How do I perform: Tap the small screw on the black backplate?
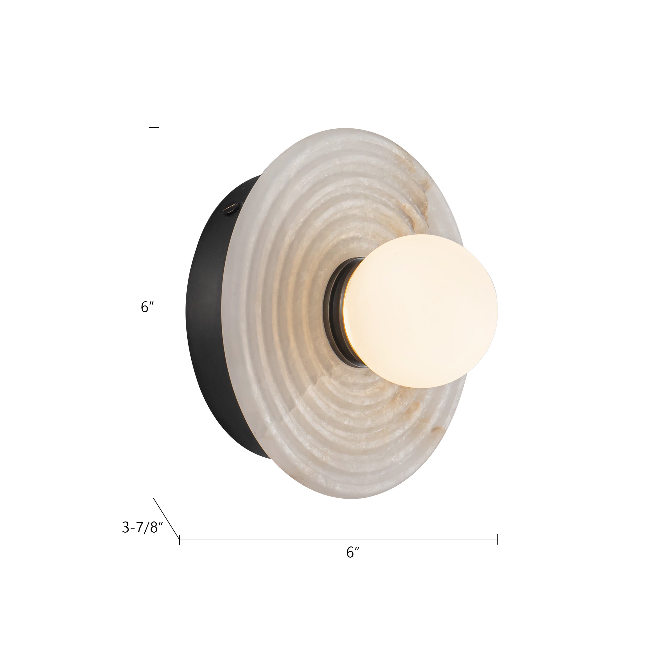(x=231, y=209)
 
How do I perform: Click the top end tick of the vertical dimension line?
(x=154, y=128)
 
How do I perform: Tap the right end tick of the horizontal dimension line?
(x=498, y=539)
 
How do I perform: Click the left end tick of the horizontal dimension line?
(x=180, y=539)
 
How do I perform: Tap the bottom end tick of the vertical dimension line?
(x=154, y=498)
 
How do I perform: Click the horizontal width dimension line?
(x=339, y=539)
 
